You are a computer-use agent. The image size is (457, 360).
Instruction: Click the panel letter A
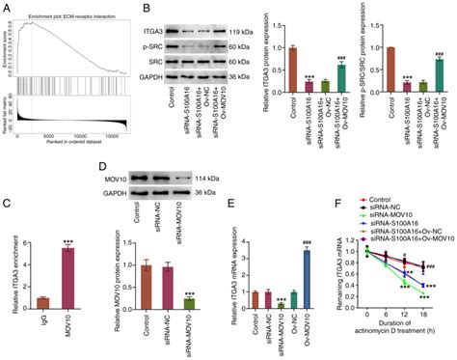pyautogui.click(x=7, y=9)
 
